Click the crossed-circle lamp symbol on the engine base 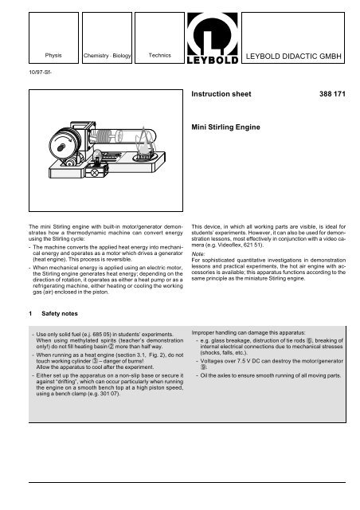click(96, 173)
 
